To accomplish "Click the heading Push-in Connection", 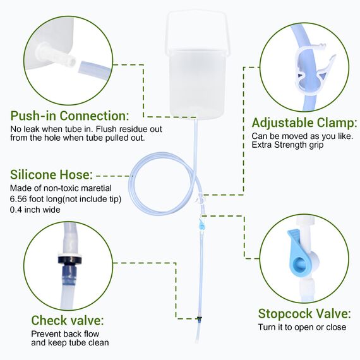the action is tap(69, 116).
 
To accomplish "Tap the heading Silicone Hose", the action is tap(51, 174).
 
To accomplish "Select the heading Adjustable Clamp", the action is tap(304, 123).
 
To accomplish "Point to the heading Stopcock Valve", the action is tap(304, 314).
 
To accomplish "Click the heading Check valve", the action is tap(68, 320).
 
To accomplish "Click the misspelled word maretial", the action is tap(97, 188).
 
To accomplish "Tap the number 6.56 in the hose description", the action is tap(18, 199).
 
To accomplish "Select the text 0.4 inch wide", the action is tap(35, 210).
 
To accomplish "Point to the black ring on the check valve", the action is tap(70, 260).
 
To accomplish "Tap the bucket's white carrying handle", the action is tap(196, 30).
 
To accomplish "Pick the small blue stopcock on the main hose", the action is tap(202, 225).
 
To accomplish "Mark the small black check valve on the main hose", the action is tap(200, 318).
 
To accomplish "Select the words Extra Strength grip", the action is tap(287, 145).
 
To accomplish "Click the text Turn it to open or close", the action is tap(302, 327).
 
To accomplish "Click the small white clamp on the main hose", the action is tap(200, 198).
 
